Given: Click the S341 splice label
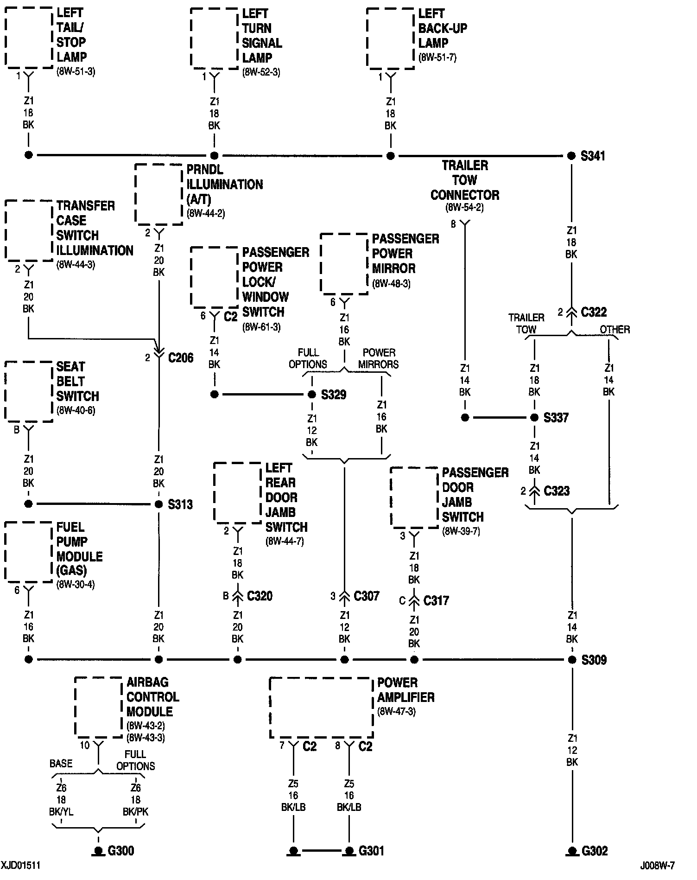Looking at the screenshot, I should tap(593, 156).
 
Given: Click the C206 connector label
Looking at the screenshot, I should tap(181, 357).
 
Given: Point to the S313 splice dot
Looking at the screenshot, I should tap(158, 504).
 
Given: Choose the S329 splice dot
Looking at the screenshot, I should tap(312, 395).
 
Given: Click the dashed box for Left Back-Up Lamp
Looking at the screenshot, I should tap(390, 38).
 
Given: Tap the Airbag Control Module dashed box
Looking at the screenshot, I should tap(99, 707).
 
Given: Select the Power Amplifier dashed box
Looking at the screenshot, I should tap(321, 708).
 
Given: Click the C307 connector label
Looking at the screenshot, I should tap(367, 596).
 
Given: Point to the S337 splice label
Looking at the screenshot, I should tap(556, 417).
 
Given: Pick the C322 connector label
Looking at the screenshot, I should tap(594, 312).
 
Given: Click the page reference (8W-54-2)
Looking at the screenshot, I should tap(464, 207).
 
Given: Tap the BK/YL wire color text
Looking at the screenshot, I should tap(61, 811).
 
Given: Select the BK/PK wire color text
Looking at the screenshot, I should tap(135, 811).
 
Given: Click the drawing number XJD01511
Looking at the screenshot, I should tap(21, 865).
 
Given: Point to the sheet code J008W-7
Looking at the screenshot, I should tap(658, 865).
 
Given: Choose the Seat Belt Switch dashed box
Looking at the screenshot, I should tap(29, 392).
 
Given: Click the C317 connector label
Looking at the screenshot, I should tap(436, 600).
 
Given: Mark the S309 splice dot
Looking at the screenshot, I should tap(572, 659).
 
